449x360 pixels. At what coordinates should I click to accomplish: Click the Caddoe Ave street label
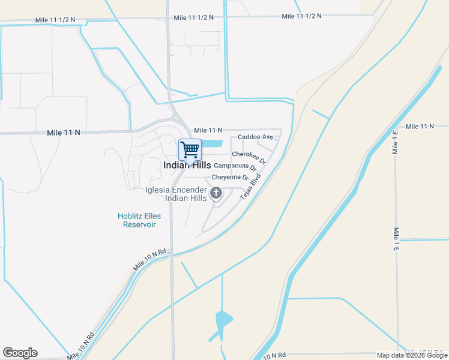coord(255,137)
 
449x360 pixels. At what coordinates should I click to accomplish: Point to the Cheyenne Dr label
coord(230,178)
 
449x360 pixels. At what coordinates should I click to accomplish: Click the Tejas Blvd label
coord(250,188)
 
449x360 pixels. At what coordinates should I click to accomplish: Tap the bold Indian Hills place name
coord(187,165)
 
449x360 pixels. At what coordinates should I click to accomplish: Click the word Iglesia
coord(158,190)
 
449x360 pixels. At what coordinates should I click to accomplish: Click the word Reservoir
coord(139,224)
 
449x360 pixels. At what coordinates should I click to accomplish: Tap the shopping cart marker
coord(190,149)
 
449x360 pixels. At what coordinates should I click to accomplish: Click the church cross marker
coord(216,193)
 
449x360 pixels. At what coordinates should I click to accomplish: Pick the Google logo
coord(20,353)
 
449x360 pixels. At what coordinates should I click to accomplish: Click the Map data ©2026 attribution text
coord(411,355)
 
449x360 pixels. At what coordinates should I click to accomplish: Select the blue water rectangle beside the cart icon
coord(212,144)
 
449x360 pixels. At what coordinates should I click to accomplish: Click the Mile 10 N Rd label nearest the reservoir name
coord(149,259)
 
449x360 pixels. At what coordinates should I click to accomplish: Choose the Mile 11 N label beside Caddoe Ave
coord(208,130)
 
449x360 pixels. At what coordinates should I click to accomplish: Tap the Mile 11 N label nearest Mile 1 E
coord(420,127)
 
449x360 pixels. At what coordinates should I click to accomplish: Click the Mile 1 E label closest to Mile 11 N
coord(396,142)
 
